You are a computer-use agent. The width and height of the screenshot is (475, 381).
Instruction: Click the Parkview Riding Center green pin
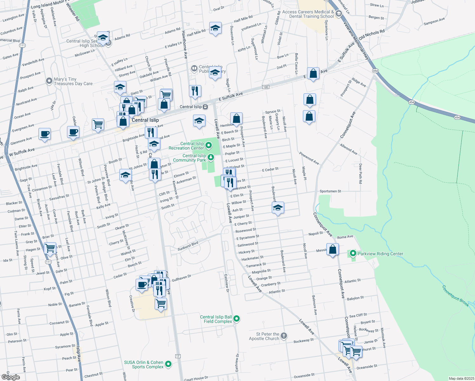tap(353, 254)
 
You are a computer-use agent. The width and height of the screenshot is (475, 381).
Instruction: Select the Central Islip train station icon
tap(205, 107)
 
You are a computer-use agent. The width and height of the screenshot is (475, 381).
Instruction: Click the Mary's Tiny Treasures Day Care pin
tap(49, 81)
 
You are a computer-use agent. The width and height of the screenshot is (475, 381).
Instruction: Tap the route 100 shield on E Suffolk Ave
tap(265, 87)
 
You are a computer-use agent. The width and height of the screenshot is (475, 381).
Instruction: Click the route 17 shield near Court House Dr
tap(178, 356)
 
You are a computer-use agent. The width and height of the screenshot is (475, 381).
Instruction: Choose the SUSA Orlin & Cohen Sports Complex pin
tap(169, 364)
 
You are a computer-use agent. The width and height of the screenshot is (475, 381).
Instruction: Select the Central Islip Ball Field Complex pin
tap(236, 319)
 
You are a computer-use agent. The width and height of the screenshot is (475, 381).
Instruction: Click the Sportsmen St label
tap(330, 191)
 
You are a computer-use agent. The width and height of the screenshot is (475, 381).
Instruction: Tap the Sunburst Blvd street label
tap(188, 246)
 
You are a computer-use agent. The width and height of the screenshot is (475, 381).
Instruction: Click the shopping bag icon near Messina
tap(332, 250)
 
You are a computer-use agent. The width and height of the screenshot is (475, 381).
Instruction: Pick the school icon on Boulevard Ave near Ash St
tap(278, 208)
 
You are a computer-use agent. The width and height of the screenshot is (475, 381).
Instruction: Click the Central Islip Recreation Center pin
tap(209, 145)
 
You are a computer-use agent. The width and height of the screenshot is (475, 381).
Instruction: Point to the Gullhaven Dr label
tap(181, 278)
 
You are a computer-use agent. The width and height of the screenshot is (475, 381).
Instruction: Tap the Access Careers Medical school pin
tap(338, 13)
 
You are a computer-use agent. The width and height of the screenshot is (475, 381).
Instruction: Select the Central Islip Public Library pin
tap(194, 68)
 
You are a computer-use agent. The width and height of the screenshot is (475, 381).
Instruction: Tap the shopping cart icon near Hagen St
tap(50, 248)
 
